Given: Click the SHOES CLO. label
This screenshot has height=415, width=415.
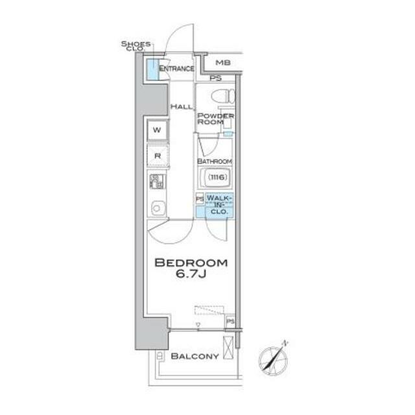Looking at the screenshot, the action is tap(136, 46).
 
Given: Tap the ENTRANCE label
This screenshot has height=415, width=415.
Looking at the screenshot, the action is tap(176, 69).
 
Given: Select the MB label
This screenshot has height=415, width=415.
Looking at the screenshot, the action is tap(223, 63).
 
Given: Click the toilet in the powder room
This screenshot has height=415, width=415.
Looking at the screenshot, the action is tap(223, 96).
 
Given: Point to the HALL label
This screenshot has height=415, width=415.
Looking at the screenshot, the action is tap(182, 106).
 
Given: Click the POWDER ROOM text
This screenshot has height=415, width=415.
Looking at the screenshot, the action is tap(215, 119).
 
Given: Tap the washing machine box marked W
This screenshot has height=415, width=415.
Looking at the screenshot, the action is tap(157, 130).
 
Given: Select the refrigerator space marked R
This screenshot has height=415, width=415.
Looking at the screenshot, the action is tap(158, 156).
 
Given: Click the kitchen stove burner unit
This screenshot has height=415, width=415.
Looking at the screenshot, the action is tap(156, 182).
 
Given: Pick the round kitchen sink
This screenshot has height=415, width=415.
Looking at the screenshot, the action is tap(157, 208).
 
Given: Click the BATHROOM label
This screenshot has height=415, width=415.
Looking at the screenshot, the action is tap(215, 161).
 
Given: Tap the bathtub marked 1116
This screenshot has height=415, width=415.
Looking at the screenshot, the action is tap(216, 177).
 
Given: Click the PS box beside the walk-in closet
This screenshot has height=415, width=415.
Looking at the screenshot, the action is tap(200, 199).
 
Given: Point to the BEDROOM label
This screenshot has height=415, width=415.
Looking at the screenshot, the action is tap(191, 263).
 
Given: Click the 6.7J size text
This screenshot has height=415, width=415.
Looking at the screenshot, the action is tap(191, 274).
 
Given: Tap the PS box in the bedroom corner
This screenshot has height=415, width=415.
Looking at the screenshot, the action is tap(230, 322).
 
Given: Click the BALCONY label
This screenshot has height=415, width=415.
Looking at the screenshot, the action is tap(195, 356).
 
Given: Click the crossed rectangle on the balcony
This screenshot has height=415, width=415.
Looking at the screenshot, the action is tap(228, 348).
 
